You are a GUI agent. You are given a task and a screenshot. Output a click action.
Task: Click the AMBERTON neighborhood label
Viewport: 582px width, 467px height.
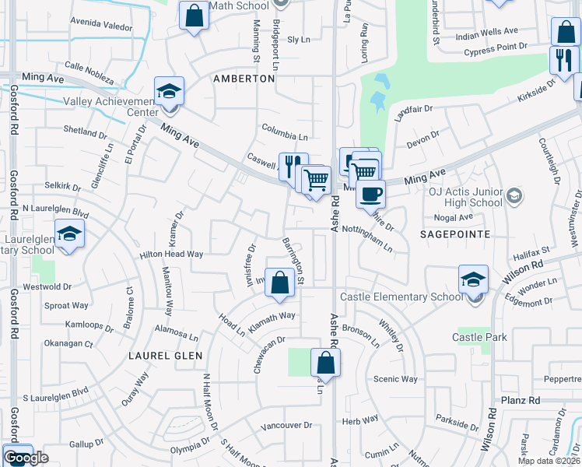244,79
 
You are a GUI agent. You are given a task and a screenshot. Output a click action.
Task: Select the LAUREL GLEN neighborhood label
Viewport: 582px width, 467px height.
166,356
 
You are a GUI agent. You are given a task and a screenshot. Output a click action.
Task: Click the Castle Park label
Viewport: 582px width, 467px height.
479,337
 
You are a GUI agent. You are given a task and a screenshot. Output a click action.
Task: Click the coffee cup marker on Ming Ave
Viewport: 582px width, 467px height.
371,193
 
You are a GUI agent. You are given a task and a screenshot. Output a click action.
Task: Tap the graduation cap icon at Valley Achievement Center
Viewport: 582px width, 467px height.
169,91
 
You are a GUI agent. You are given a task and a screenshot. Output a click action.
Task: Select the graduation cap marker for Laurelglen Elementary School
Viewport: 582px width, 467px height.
69,234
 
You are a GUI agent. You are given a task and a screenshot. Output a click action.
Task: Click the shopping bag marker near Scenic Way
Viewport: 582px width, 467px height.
325,362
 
